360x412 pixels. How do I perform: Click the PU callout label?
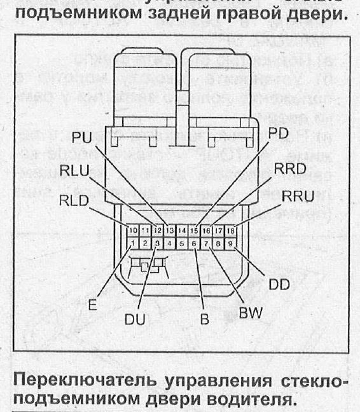coord(82,137)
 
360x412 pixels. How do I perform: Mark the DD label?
coord(279,284)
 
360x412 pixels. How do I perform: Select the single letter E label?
coord(93,305)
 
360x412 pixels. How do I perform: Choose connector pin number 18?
coord(230,230)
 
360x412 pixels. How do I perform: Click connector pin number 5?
coord(182,243)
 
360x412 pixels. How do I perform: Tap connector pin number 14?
coord(182,230)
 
